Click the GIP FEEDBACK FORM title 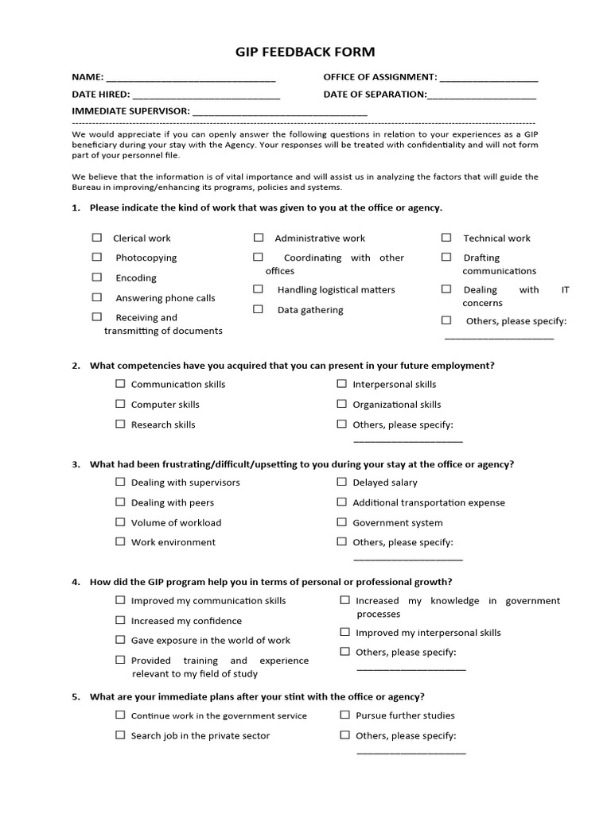click(305, 52)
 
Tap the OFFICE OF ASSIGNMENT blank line click(488, 79)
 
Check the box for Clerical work click(97, 237)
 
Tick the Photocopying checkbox click(97, 257)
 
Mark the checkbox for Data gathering click(259, 309)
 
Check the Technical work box click(446, 237)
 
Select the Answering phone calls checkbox click(97, 297)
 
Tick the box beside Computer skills click(120, 404)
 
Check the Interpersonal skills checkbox click(342, 383)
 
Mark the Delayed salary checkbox click(342, 482)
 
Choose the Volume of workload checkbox click(120, 522)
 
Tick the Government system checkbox click(342, 522)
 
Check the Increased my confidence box click(120, 620)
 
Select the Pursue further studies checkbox click(344, 715)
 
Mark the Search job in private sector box click(120, 735)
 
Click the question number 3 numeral click(75, 464)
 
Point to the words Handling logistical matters click(336, 290)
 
